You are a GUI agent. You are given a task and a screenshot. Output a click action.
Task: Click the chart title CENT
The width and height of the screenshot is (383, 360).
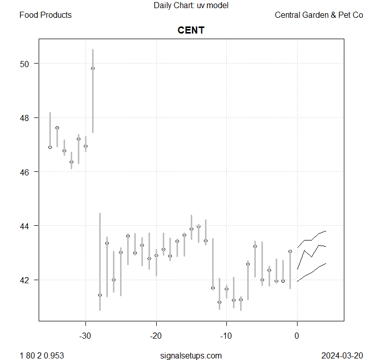point(191,31)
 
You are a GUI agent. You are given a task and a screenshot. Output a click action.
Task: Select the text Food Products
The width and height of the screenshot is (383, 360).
point(45,15)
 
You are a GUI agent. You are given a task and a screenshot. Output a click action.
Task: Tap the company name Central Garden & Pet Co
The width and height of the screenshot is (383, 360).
point(319,15)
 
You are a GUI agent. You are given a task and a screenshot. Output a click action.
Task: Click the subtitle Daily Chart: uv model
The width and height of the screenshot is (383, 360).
point(191,6)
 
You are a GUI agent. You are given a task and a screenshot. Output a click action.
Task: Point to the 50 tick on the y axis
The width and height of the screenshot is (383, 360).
point(25,64)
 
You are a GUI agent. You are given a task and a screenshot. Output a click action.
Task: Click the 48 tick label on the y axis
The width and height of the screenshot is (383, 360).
point(25,118)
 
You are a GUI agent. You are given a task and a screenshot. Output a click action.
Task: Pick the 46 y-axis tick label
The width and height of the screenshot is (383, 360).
point(25,172)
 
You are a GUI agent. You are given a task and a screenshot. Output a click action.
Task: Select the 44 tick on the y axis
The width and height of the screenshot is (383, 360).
point(25,226)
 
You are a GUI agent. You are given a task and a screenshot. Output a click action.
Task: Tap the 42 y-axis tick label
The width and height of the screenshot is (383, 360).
point(25,280)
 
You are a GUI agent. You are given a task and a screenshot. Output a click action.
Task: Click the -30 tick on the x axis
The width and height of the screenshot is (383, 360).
point(85,335)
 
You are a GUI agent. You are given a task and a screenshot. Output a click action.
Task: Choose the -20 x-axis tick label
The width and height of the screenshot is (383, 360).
point(156,335)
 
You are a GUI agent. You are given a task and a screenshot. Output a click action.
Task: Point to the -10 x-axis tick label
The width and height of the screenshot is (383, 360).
point(226,335)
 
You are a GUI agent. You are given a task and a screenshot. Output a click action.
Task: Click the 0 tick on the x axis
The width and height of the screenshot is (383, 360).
point(297,335)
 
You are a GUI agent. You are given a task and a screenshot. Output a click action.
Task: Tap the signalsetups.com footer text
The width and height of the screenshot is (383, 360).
point(191,355)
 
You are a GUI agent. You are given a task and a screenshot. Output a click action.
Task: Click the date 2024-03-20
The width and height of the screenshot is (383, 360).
point(342,355)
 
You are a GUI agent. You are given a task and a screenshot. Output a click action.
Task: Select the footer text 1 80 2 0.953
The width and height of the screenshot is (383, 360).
point(42,355)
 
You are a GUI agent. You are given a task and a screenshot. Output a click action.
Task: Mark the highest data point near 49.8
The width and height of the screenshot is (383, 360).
point(93,68)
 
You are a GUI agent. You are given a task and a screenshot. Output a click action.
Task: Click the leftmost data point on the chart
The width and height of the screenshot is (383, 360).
point(50,147)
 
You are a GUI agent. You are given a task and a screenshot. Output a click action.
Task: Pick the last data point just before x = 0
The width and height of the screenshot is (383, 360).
point(290,251)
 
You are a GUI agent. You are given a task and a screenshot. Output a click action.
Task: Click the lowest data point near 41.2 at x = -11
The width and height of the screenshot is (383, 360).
point(219,302)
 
